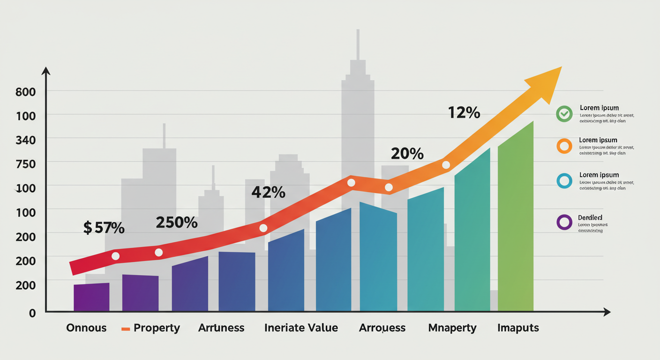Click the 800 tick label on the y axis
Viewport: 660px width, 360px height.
[x=25, y=92]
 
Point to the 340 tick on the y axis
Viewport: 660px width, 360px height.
[x=25, y=140]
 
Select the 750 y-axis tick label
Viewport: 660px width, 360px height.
[x=25, y=164]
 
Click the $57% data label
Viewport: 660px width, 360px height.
[x=104, y=228]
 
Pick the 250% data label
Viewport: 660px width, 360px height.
[x=176, y=223]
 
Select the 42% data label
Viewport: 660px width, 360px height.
[x=268, y=192]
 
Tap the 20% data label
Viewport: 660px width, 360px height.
[x=407, y=153]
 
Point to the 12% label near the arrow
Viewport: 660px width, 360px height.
[x=464, y=112]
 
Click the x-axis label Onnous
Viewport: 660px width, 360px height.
[x=86, y=328]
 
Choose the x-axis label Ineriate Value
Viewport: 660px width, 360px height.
[x=301, y=328]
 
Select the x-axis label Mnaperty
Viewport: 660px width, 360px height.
[x=452, y=328]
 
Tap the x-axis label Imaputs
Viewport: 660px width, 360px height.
[x=518, y=328]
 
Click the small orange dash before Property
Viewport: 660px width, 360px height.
[x=125, y=329]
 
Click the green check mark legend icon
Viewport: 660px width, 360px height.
[x=564, y=113]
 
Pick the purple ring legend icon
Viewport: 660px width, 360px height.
[x=564, y=222]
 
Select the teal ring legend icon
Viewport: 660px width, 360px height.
[x=564, y=180]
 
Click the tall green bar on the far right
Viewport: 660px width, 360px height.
[x=516, y=220]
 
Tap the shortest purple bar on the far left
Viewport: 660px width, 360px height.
[x=91, y=297]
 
